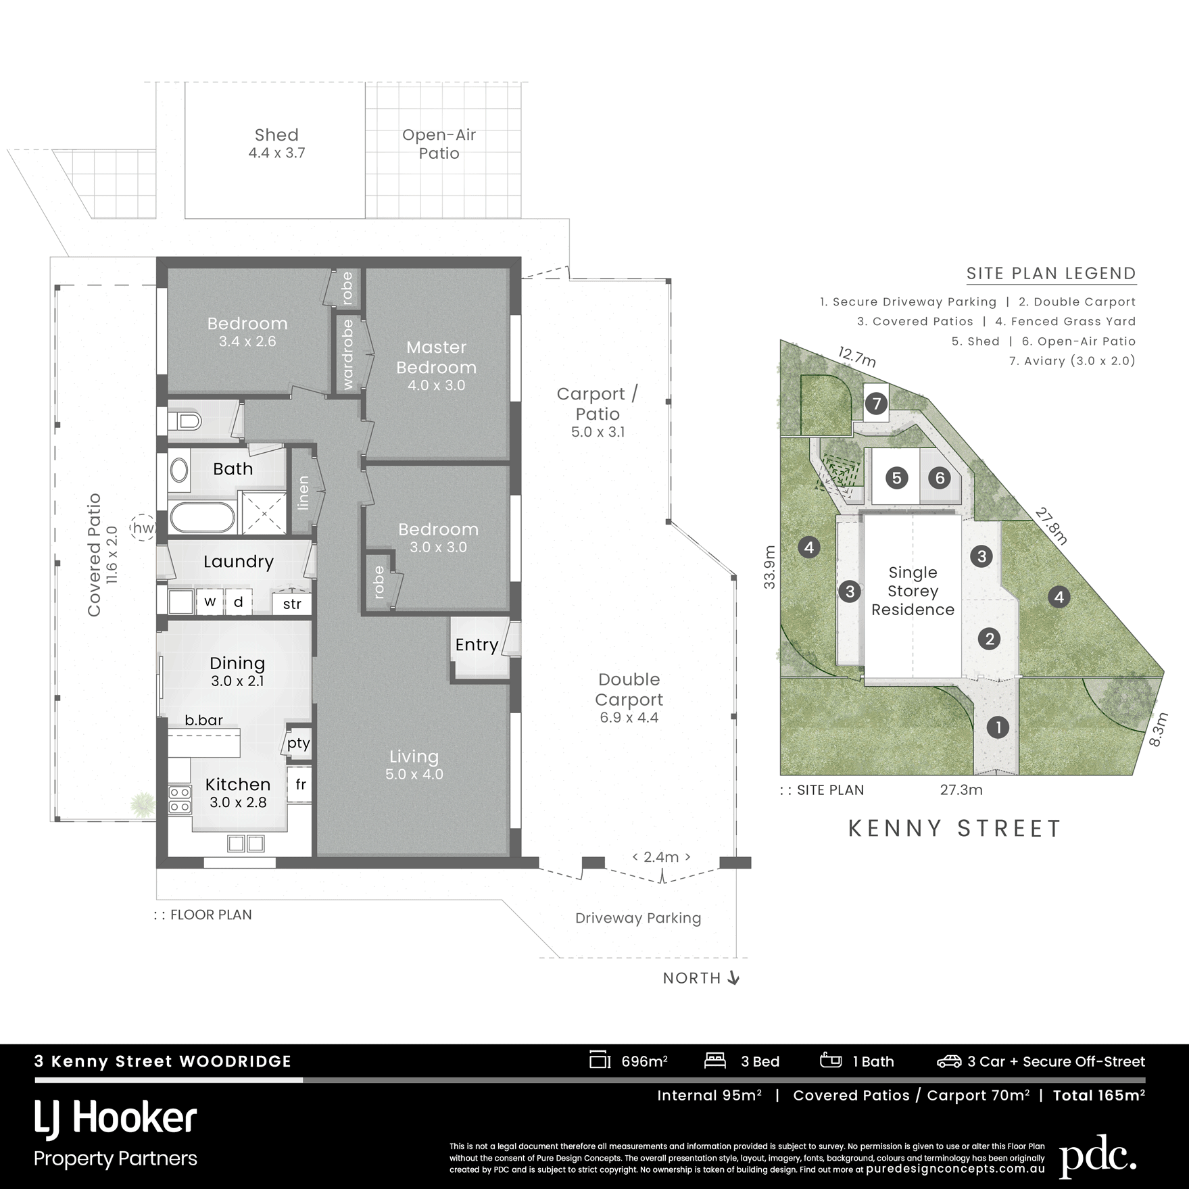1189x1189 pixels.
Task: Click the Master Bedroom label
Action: pyautogui.click(x=436, y=357)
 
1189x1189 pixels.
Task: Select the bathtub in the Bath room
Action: pyautogui.click(x=201, y=518)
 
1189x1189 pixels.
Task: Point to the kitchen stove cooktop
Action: pyautogui.click(x=180, y=799)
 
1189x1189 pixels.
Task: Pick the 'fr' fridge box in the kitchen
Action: pyautogui.click(x=300, y=784)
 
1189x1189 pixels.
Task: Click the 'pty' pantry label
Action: pyautogui.click(x=298, y=744)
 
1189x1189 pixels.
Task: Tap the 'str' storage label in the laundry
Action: pyautogui.click(x=292, y=604)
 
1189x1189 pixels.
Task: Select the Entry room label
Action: pyautogui.click(x=477, y=645)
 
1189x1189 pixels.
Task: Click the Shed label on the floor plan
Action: pyautogui.click(x=276, y=135)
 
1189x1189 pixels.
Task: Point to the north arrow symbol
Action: pyautogui.click(x=733, y=978)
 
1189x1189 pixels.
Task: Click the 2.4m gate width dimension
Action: pyautogui.click(x=661, y=857)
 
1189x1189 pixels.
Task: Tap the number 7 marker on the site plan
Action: pyautogui.click(x=876, y=404)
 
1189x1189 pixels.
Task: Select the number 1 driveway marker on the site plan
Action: pyautogui.click(x=998, y=727)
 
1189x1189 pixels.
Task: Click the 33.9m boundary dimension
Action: pyautogui.click(x=770, y=567)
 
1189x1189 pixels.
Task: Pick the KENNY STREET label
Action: pyautogui.click(x=954, y=829)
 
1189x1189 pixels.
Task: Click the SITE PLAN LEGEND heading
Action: pyautogui.click(x=1051, y=273)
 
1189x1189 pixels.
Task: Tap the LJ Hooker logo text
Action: pyautogui.click(x=116, y=1119)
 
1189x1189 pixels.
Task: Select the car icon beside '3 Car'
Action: pyautogui.click(x=948, y=1062)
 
